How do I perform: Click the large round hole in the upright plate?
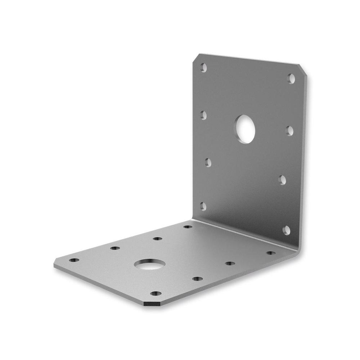tap(246, 129)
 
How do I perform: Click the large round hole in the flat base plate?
tap(150, 265)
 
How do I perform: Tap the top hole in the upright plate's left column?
tap(204, 67)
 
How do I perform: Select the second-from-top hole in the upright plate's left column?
tap(203, 115)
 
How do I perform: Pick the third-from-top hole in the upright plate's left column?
tap(208, 162)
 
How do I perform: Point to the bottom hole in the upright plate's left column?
tap(203, 206)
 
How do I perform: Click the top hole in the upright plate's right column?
tap(291, 78)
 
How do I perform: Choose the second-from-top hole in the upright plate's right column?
tap(289, 131)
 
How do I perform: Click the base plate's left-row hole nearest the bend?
tap(188, 227)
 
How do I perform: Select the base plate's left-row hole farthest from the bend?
tap(74, 260)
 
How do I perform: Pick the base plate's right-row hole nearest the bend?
tap(271, 253)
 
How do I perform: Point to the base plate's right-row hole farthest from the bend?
tap(156, 293)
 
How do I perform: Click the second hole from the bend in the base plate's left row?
tap(157, 238)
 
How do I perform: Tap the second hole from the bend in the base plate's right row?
tap(230, 264)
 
